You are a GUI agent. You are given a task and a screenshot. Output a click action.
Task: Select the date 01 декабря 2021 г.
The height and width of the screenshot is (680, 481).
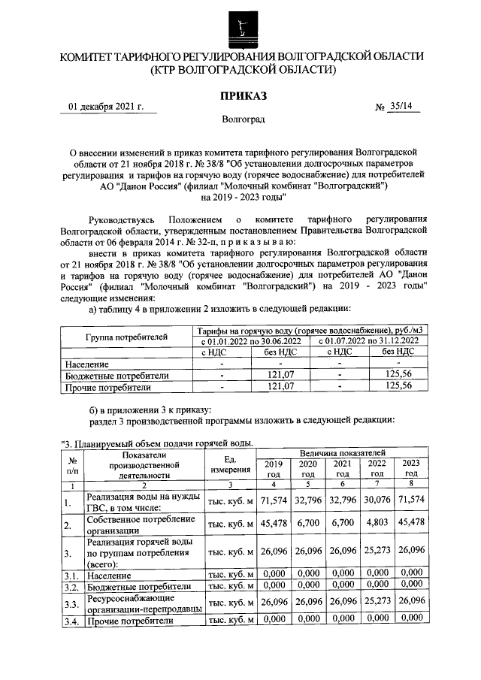pos(106,107)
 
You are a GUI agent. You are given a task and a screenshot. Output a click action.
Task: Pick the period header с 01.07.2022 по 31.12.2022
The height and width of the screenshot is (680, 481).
pos(368,342)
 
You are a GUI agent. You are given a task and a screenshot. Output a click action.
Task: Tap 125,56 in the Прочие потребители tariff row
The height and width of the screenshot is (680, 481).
pos(398,386)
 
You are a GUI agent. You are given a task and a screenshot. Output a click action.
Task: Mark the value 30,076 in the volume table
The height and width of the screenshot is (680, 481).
pos(377,500)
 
